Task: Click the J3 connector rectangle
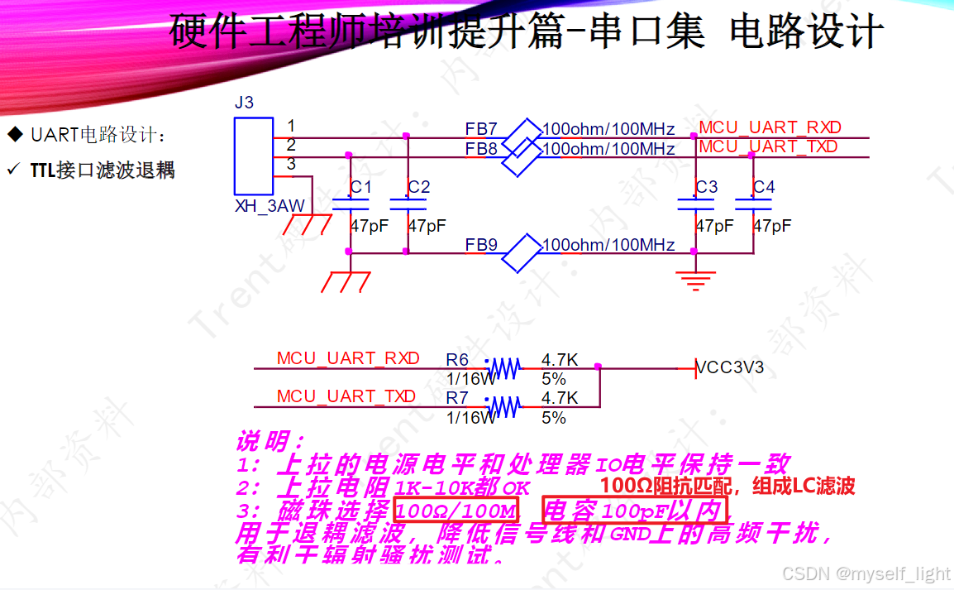253,156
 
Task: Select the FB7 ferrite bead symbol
521,134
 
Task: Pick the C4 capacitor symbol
753,204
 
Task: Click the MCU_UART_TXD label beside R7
346,396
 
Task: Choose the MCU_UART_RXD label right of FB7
770,127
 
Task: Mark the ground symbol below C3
696,280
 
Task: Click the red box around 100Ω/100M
456,509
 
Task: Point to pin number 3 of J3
291,165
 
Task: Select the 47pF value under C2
427,226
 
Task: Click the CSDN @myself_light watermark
866,573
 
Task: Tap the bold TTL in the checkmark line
42,170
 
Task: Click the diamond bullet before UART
14,134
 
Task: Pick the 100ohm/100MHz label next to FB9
608,246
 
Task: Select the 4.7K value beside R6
560,360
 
